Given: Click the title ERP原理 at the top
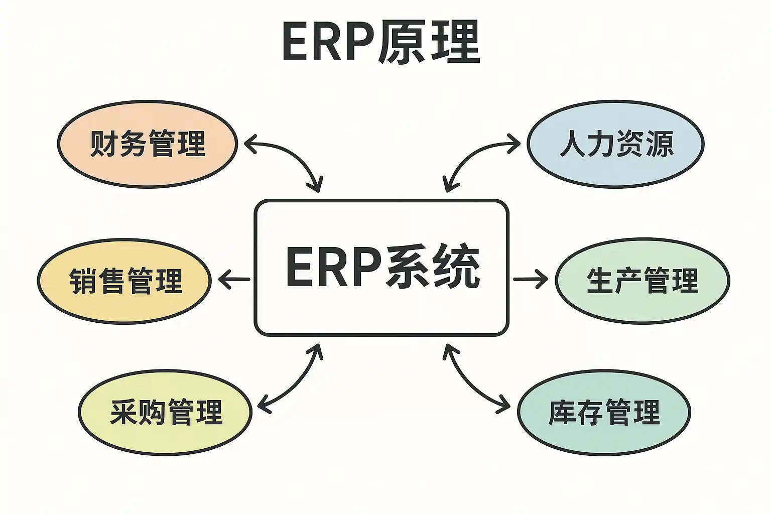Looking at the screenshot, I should (381, 42).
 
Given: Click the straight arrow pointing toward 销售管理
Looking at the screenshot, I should (234, 279).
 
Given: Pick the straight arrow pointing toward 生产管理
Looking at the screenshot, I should (531, 279).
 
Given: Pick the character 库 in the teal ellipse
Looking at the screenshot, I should (562, 412).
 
